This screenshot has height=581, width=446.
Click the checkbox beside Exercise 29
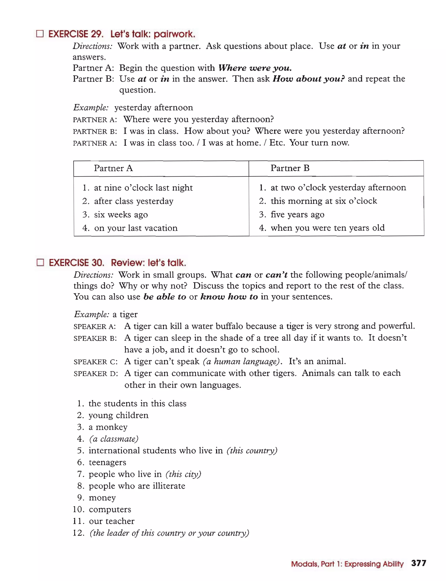(x=40, y=34)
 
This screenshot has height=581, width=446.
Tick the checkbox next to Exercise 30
(x=40, y=262)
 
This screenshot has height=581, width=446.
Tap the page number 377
(x=418, y=563)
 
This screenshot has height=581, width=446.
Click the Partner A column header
(x=113, y=168)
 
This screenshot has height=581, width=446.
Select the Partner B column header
(x=290, y=168)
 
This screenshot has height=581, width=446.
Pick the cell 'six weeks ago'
(x=121, y=215)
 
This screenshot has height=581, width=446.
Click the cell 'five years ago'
(x=297, y=214)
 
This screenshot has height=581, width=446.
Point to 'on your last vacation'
(x=136, y=228)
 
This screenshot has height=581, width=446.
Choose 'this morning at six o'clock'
(x=324, y=201)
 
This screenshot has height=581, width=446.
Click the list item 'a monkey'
(x=108, y=427)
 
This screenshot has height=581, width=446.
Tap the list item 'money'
(x=102, y=498)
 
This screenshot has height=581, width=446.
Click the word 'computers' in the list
(x=110, y=509)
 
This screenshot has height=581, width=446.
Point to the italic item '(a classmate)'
(x=114, y=439)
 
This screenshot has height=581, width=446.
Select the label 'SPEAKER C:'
(x=95, y=362)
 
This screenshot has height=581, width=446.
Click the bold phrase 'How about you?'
(x=309, y=79)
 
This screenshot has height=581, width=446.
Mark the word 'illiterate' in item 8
(x=169, y=486)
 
